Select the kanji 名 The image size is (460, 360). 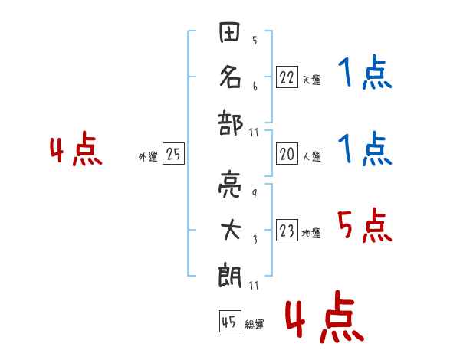coord(231,77)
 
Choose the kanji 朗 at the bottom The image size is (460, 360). coord(231,272)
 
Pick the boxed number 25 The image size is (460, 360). coord(173,154)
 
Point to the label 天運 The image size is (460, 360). coord(311,80)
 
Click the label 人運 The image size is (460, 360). coord(311,156)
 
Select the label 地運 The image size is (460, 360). coord(311,233)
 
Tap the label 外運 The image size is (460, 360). coord(148,156)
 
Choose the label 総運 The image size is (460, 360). coord(255,324)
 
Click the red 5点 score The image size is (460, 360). coord(365,227)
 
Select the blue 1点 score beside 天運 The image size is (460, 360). coord(365,74)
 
